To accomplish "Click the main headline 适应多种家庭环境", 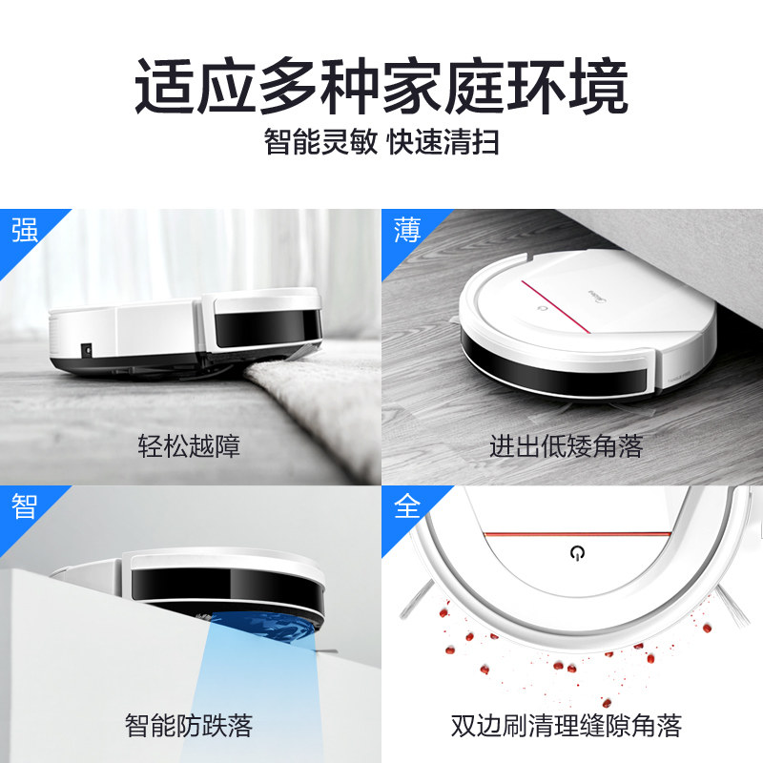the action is click(x=381, y=86).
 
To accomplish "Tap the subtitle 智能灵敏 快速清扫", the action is click(x=381, y=141).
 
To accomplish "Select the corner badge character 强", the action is click(x=25, y=230).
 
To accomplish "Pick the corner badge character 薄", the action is click(x=407, y=230).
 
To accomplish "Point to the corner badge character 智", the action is click(x=25, y=506).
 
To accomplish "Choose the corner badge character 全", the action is click(x=407, y=506).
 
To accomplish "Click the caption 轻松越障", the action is click(x=189, y=445).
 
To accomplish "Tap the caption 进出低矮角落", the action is click(x=566, y=445).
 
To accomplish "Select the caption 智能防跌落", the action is click(x=189, y=726).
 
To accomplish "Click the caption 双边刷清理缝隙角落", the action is click(x=566, y=726).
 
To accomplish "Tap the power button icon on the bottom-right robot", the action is click(x=577, y=553).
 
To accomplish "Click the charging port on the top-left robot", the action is click(x=87, y=349).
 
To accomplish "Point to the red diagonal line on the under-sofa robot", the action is click(x=556, y=307).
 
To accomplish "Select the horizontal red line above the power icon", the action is click(x=578, y=534).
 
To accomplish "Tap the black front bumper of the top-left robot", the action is click(x=268, y=327).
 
